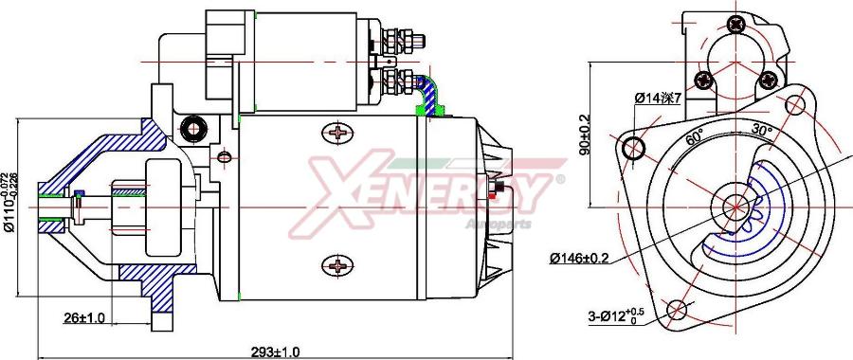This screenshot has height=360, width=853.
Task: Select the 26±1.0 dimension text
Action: pos(83,318)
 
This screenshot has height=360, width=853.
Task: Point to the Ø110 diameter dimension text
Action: pos(9,204)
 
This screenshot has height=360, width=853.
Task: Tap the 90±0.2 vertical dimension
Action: pos(585,135)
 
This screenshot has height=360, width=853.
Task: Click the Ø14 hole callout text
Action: pos(659,98)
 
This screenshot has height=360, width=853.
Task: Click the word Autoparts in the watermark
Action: pos(499,224)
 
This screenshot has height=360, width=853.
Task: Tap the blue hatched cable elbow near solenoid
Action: pos(430,93)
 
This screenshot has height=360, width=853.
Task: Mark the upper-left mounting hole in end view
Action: pos(632,147)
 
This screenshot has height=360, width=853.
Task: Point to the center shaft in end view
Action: pos(735,207)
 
